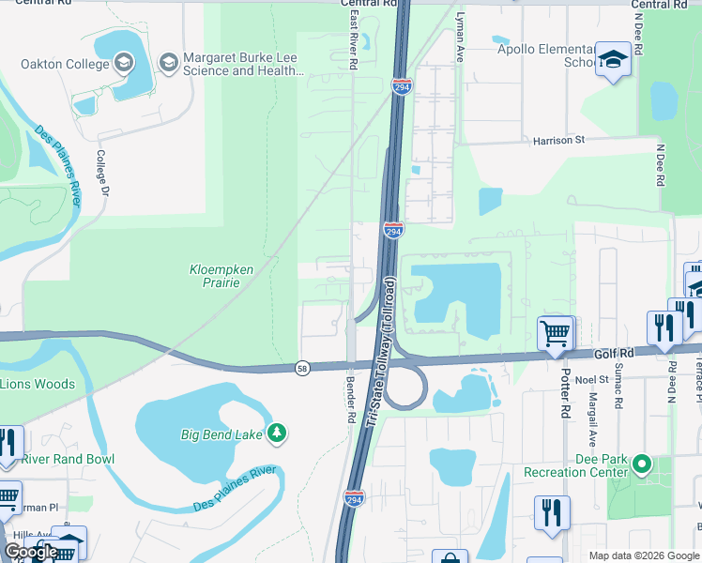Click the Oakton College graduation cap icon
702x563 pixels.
coord(123,64)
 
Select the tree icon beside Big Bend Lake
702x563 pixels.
coord(277,433)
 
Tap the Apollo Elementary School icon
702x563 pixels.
coord(613,59)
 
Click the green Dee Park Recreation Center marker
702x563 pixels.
coord(642,464)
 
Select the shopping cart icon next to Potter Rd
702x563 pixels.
coord(556,332)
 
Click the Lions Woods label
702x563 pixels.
coord(37,384)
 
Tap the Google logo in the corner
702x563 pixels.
coord(31,552)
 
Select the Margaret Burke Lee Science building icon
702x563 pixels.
coord(169,64)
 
